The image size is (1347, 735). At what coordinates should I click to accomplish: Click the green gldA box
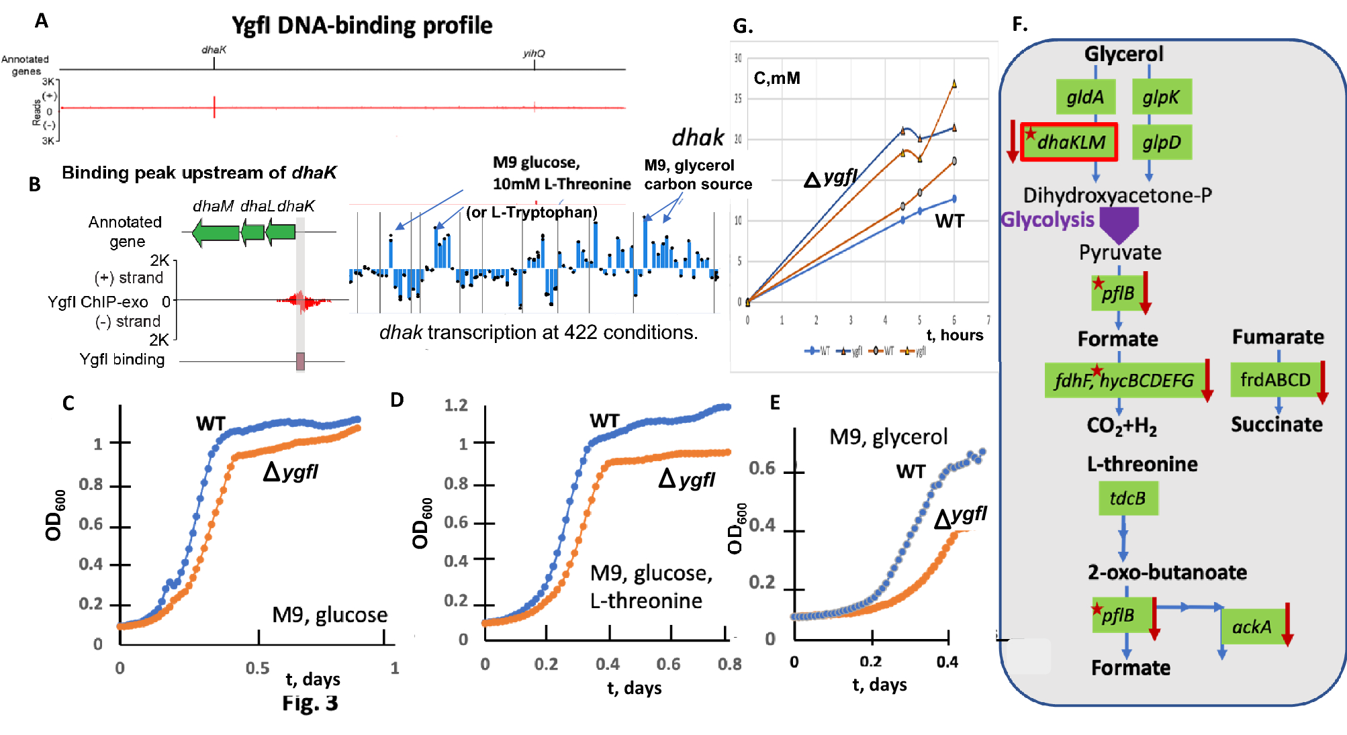point(1085,97)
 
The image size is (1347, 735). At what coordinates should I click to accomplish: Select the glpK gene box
point(1161,97)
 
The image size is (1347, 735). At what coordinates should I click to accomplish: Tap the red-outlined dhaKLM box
point(1069,142)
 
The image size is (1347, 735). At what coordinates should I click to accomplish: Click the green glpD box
point(1162,142)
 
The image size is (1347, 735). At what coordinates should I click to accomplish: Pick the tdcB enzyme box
point(1128,499)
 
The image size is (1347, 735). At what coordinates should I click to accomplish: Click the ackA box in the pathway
point(1252,626)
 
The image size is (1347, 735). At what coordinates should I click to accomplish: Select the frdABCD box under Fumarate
point(1274,380)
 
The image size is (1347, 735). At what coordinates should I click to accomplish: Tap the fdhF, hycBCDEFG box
point(1124,381)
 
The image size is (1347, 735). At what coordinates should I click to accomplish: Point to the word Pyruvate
point(1120,252)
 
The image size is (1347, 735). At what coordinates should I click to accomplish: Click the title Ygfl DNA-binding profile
point(362,26)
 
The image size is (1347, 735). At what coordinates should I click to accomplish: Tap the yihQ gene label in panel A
point(534,54)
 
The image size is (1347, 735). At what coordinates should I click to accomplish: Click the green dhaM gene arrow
point(216,233)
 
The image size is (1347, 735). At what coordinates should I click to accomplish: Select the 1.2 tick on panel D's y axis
point(456,405)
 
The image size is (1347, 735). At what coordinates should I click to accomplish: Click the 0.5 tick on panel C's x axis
point(258,668)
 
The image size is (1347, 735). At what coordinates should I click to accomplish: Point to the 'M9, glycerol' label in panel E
point(888,437)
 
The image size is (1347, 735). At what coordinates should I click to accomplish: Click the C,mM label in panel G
point(777,79)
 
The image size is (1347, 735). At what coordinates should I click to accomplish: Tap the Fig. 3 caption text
point(310,703)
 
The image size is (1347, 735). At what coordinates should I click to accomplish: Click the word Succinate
point(1276,424)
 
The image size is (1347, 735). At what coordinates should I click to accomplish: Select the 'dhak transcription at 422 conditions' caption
point(539,332)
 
